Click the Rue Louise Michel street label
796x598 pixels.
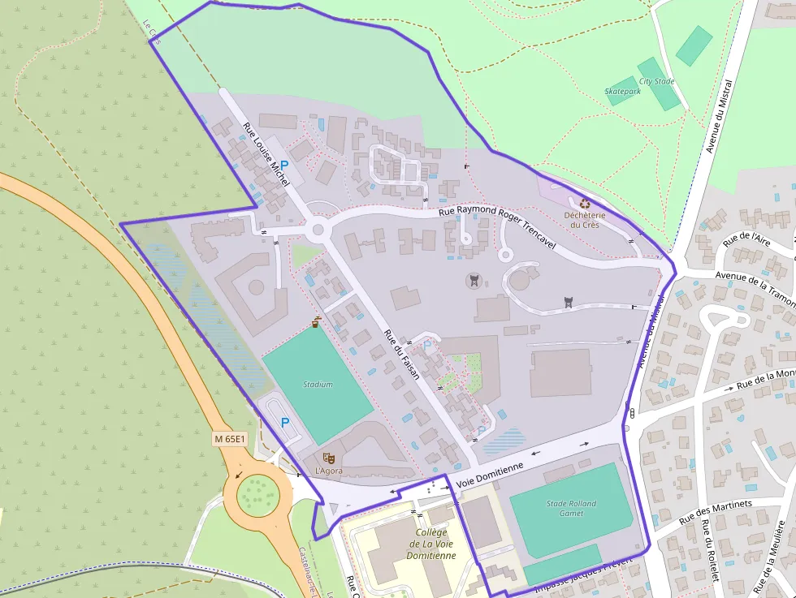[266, 154]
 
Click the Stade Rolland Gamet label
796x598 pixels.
[571, 508]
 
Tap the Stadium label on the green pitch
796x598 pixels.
[318, 384]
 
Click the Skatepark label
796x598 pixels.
[623, 92]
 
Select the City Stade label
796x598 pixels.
[656, 81]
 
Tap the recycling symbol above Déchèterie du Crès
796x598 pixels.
[583, 203]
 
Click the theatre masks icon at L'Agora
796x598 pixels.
[328, 458]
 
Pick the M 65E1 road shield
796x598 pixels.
[229, 438]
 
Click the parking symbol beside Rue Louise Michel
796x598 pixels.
[284, 165]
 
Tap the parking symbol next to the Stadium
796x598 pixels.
[284, 422]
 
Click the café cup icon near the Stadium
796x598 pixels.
[316, 322]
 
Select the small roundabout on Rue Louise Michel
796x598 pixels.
[318, 230]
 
